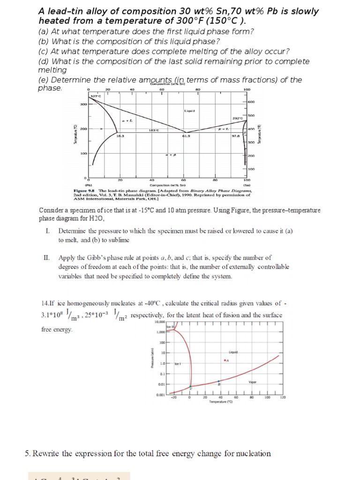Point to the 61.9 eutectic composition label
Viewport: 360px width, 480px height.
click(x=186, y=136)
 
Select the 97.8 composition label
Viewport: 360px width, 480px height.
click(x=235, y=136)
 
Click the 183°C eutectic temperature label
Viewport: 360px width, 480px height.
click(x=152, y=130)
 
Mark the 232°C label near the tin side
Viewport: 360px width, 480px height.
click(x=237, y=118)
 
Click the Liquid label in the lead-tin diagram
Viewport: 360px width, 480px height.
click(x=189, y=111)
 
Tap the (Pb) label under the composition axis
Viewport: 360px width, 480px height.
click(x=88, y=186)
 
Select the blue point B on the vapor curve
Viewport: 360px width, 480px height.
click(x=218, y=382)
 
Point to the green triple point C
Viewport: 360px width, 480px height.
click(x=190, y=387)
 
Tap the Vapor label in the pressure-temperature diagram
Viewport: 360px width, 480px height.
click(x=253, y=382)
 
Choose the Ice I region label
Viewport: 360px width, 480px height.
click(x=178, y=364)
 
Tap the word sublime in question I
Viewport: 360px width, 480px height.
click(x=120, y=240)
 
